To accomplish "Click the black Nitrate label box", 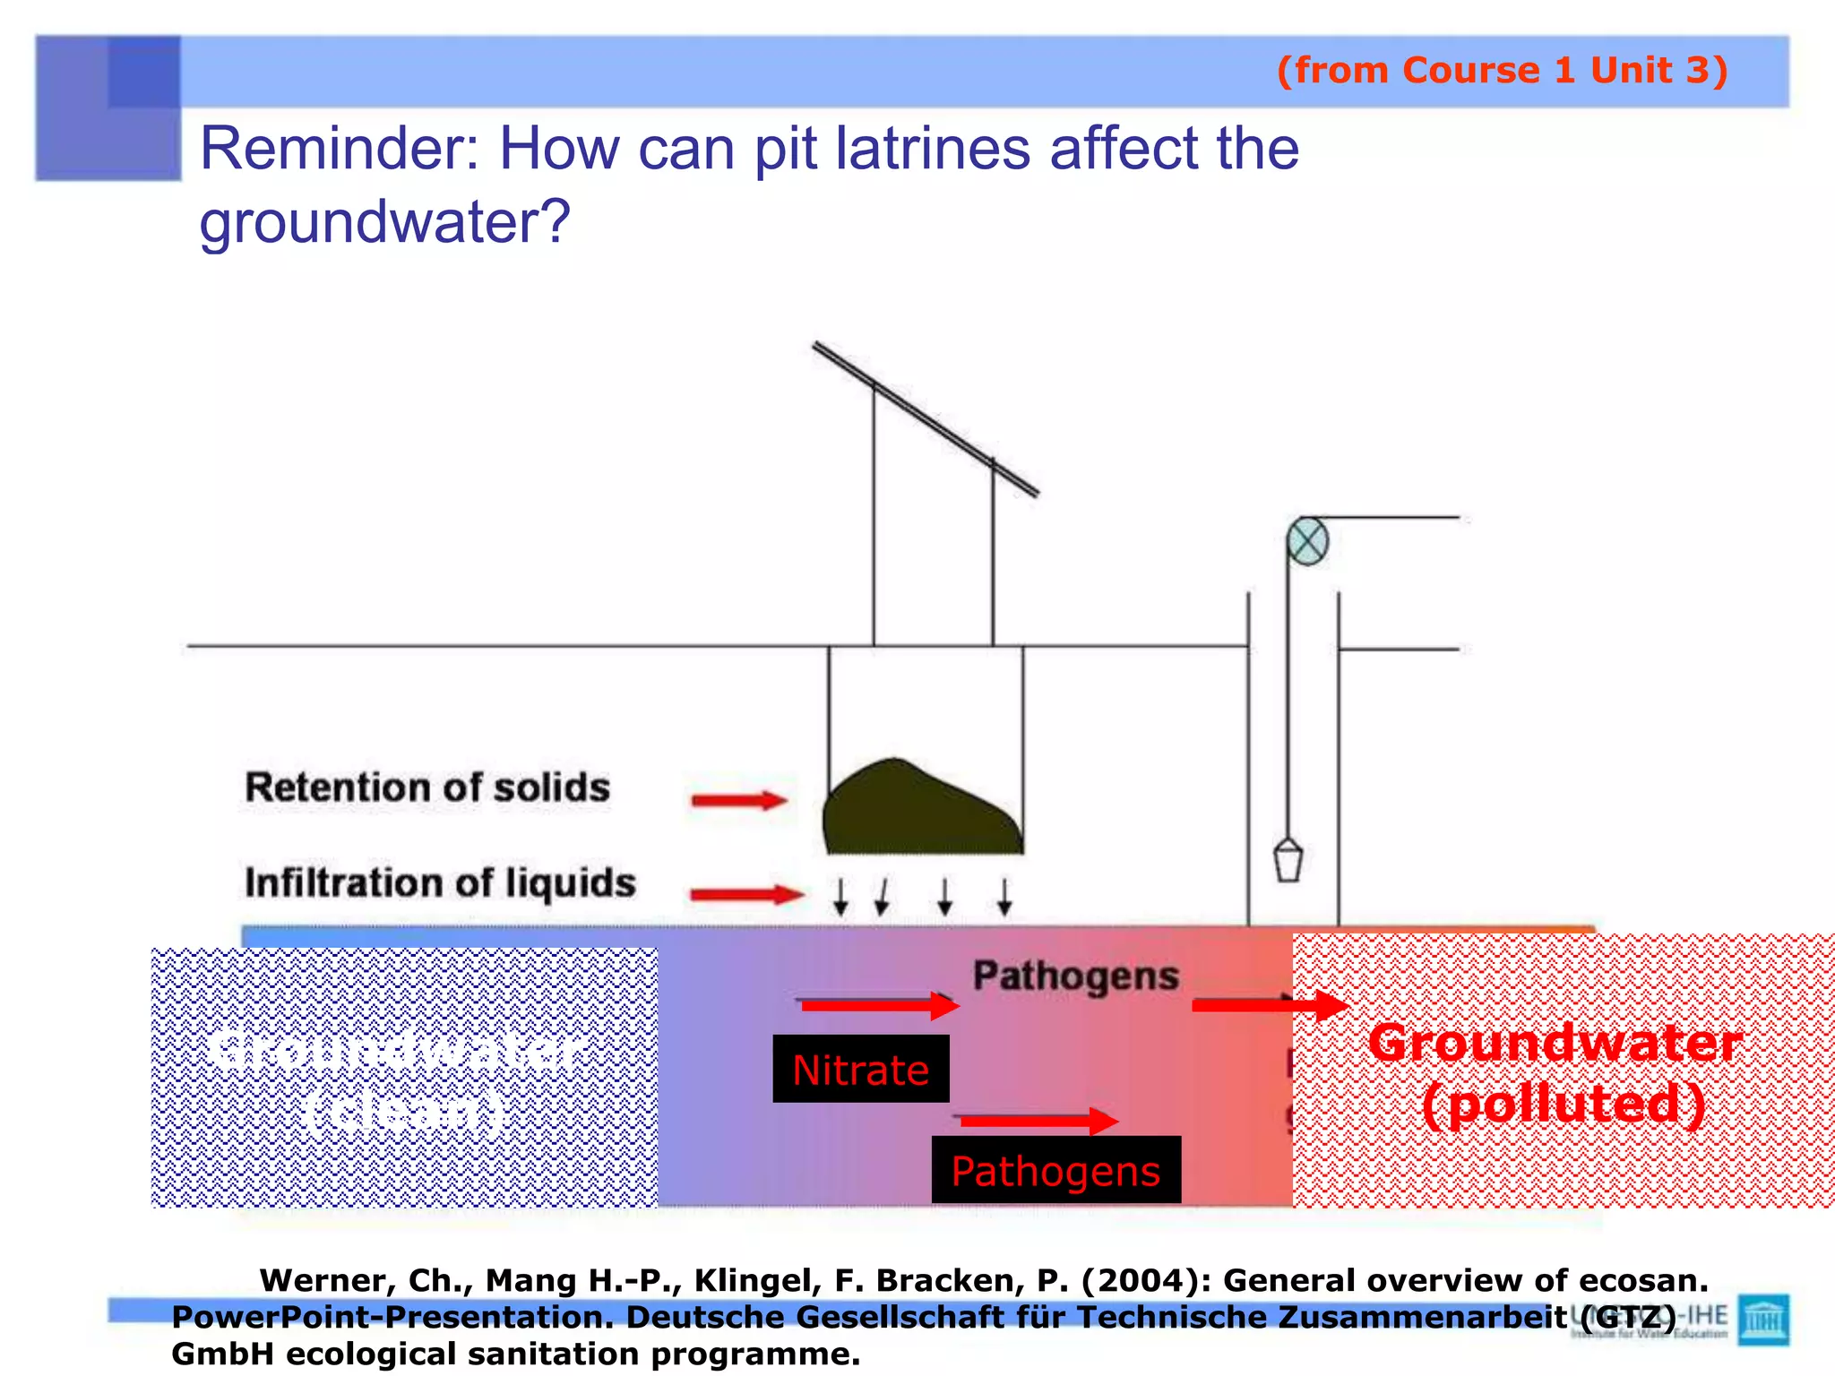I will pyautogui.click(x=860, y=1069).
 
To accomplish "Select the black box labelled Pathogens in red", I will pyautogui.click(x=1055, y=1170).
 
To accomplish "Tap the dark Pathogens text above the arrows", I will pyautogui.click(x=1075, y=976).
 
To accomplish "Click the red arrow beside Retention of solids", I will pyautogui.click(x=738, y=800).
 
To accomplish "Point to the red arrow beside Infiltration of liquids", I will pyautogui.click(x=745, y=893).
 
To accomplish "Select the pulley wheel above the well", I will pyautogui.click(x=1307, y=542).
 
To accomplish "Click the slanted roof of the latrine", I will pyautogui.click(x=926, y=418).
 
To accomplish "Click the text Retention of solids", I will pyautogui.click(x=427, y=787).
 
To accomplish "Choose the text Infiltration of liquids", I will pyautogui.click(x=440, y=882).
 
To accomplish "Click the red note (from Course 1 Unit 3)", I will pyautogui.click(x=1502, y=70).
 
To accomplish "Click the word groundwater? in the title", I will pyautogui.click(x=384, y=221).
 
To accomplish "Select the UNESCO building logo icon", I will pyautogui.click(x=1762, y=1319).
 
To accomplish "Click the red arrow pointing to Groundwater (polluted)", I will pyautogui.click(x=1270, y=1005).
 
